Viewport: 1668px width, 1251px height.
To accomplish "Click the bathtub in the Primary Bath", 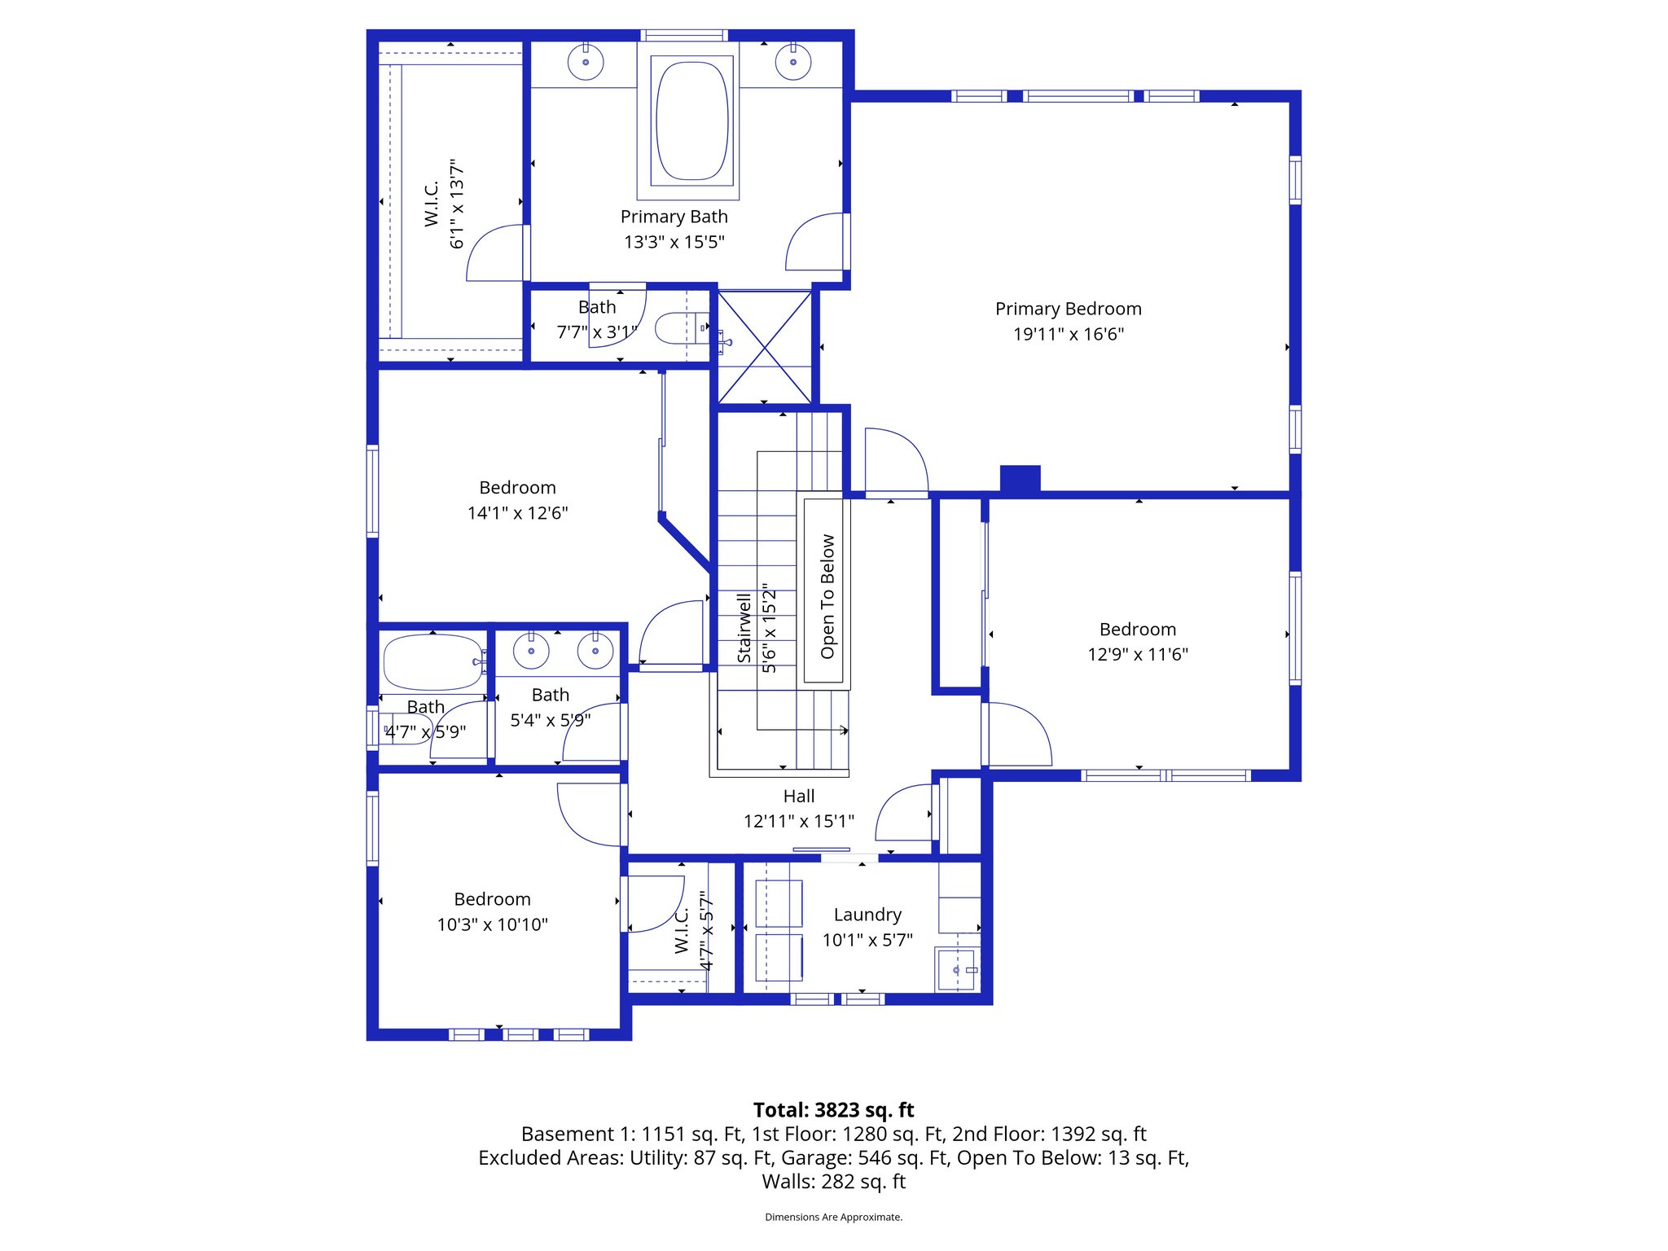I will coord(691,121).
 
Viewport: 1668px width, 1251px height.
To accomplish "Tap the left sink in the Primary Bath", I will coord(585,62).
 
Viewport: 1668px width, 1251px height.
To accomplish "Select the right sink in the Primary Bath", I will coord(792,62).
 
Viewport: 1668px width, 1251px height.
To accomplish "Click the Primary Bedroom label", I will coord(1068,309).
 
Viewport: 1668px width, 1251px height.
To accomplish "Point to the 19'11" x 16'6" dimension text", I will coord(1068,334).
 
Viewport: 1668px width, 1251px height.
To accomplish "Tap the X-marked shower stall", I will coord(765,348).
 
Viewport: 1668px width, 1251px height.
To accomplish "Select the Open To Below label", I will coord(827,596).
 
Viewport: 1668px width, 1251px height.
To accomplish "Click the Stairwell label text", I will coord(744,628).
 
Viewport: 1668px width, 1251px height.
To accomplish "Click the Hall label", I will coord(798,797).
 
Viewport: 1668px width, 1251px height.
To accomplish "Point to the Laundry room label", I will coord(867,915).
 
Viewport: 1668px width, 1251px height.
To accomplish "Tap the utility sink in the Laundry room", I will coord(956,970).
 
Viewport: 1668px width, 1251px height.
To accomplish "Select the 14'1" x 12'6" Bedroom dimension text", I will coord(517,513).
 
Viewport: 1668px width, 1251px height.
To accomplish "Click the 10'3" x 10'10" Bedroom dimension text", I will coord(492,924).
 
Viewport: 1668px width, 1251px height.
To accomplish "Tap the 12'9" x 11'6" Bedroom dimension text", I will coord(1137,655).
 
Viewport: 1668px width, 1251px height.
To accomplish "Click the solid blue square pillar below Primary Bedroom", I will coord(1020,478).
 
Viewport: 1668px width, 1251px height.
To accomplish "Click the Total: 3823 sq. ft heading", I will coord(833,1110).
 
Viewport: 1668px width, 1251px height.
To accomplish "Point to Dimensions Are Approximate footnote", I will coord(833,1217).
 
